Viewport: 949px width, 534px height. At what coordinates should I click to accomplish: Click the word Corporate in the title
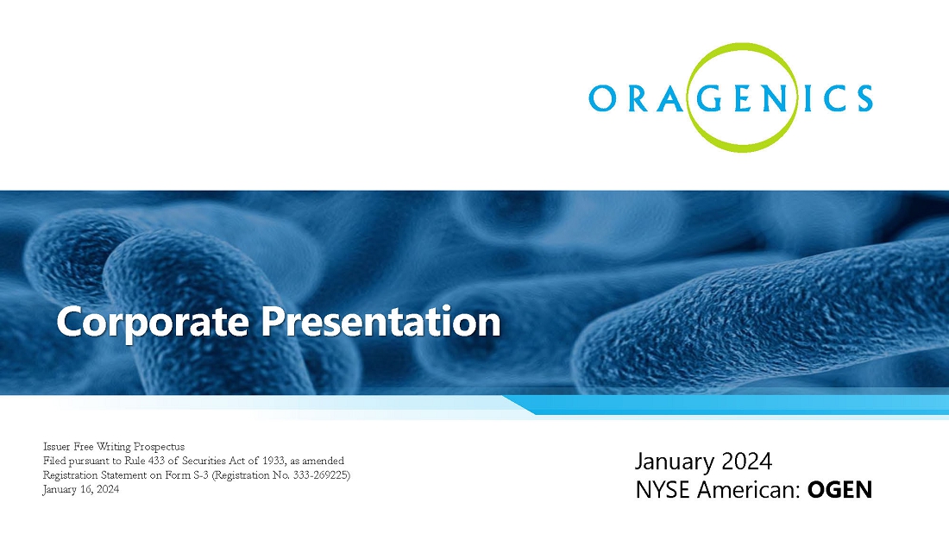click(153, 322)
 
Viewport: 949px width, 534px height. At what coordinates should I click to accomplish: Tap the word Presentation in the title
click(380, 321)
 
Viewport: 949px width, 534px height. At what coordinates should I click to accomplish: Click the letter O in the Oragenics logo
click(603, 98)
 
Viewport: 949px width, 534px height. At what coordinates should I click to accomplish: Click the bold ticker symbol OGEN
click(839, 490)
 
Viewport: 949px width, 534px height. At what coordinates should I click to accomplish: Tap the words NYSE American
click(717, 490)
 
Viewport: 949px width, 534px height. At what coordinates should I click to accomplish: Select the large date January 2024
click(703, 462)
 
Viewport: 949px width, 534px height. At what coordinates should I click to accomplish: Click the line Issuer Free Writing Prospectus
click(114, 447)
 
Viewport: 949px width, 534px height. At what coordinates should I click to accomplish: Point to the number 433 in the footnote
click(156, 461)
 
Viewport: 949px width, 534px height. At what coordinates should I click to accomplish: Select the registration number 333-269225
click(320, 475)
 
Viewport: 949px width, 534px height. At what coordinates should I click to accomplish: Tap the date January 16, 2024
click(81, 490)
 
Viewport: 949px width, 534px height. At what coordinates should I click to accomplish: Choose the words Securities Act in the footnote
click(217, 461)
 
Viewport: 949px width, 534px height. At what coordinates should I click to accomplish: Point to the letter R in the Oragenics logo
click(639, 98)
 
